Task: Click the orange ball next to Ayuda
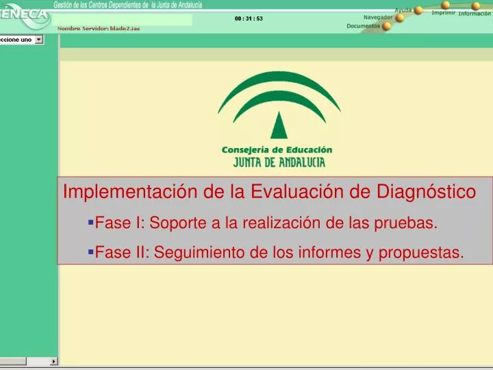click(418, 10)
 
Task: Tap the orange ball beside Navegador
click(400, 18)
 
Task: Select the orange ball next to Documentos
click(386, 26)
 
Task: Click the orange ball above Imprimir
click(446, 5)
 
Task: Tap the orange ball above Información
click(476, 6)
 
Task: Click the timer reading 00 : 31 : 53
click(249, 18)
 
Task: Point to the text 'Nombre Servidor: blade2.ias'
click(99, 29)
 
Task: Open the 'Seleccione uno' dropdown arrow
click(38, 39)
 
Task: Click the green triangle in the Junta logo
click(279, 125)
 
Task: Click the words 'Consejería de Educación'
click(277, 150)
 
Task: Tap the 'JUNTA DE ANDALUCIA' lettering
click(279, 162)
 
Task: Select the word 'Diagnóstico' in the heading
click(426, 192)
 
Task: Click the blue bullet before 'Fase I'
click(91, 223)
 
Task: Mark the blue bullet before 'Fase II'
click(91, 251)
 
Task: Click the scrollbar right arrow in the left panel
click(54, 361)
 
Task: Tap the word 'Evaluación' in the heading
click(297, 192)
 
